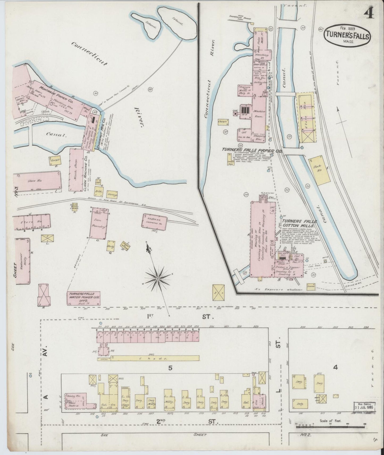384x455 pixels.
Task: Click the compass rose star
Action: [158, 279]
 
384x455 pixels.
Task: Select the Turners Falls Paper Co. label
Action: [252, 150]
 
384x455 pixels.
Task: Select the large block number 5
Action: [170, 368]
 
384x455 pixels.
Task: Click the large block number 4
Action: [335, 367]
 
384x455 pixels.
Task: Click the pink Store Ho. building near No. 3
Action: [37, 181]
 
